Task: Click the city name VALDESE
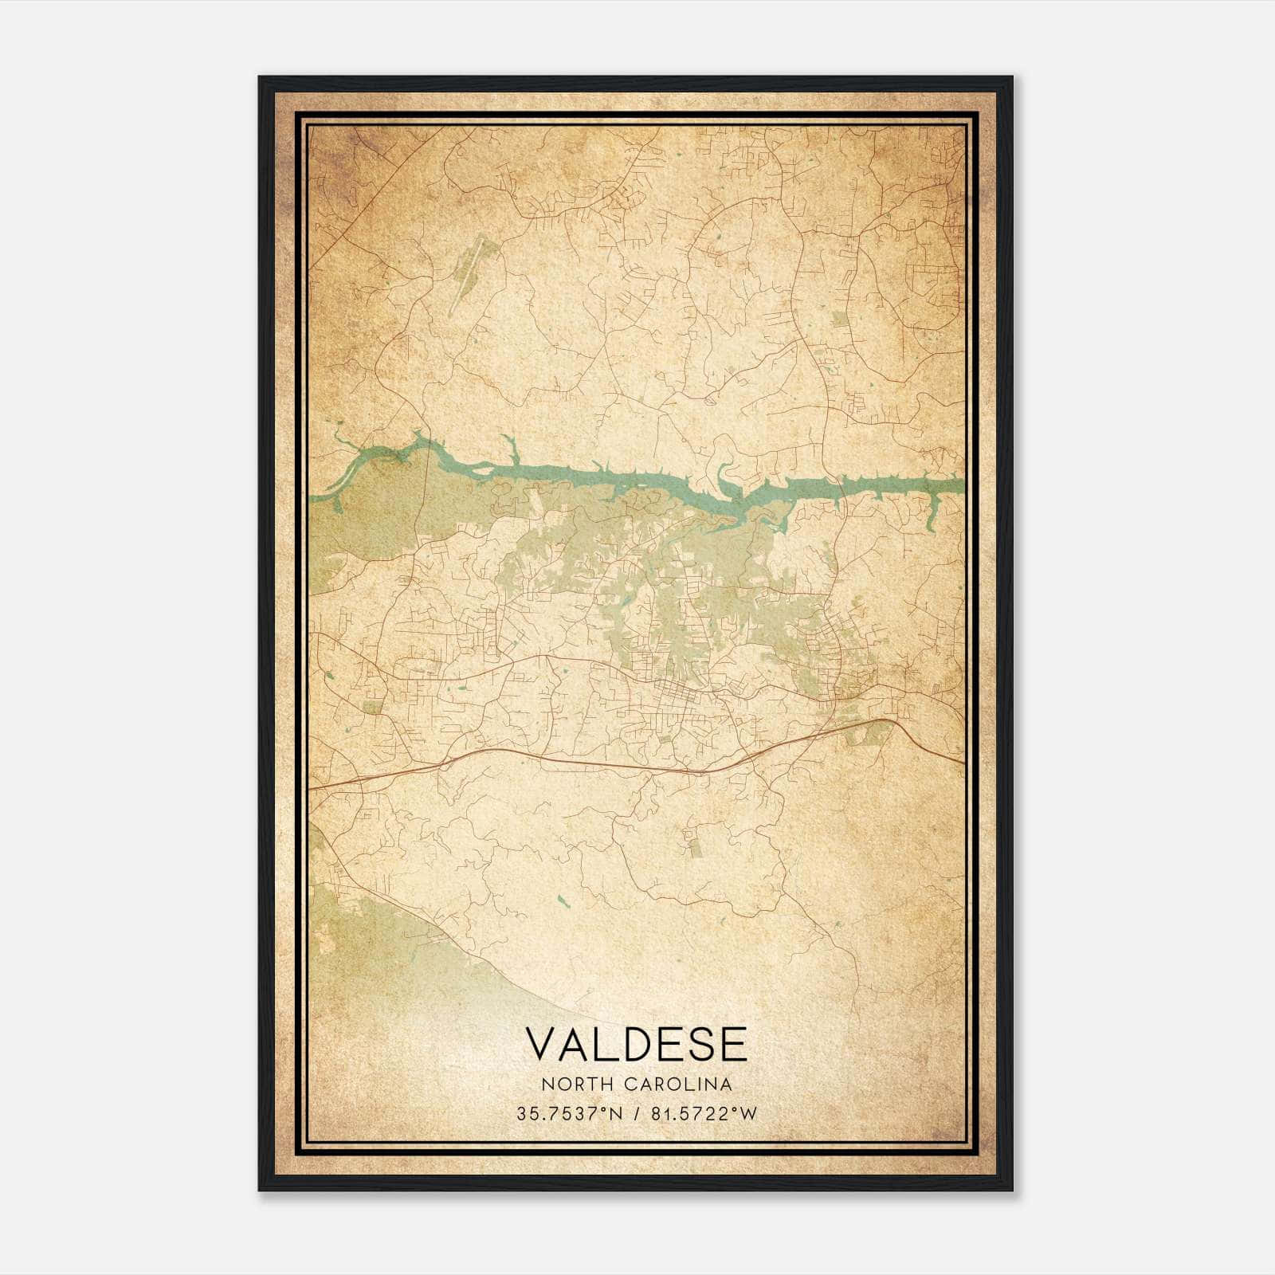[x=636, y=1043]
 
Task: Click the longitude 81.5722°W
[x=704, y=1113]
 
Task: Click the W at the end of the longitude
[x=748, y=1113]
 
